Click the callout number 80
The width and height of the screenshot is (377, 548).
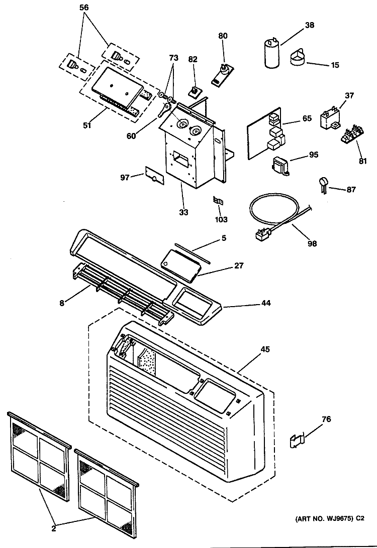coord(223,36)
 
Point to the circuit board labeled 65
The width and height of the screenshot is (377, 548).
coord(267,133)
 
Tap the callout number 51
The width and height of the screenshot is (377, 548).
coord(87,125)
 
